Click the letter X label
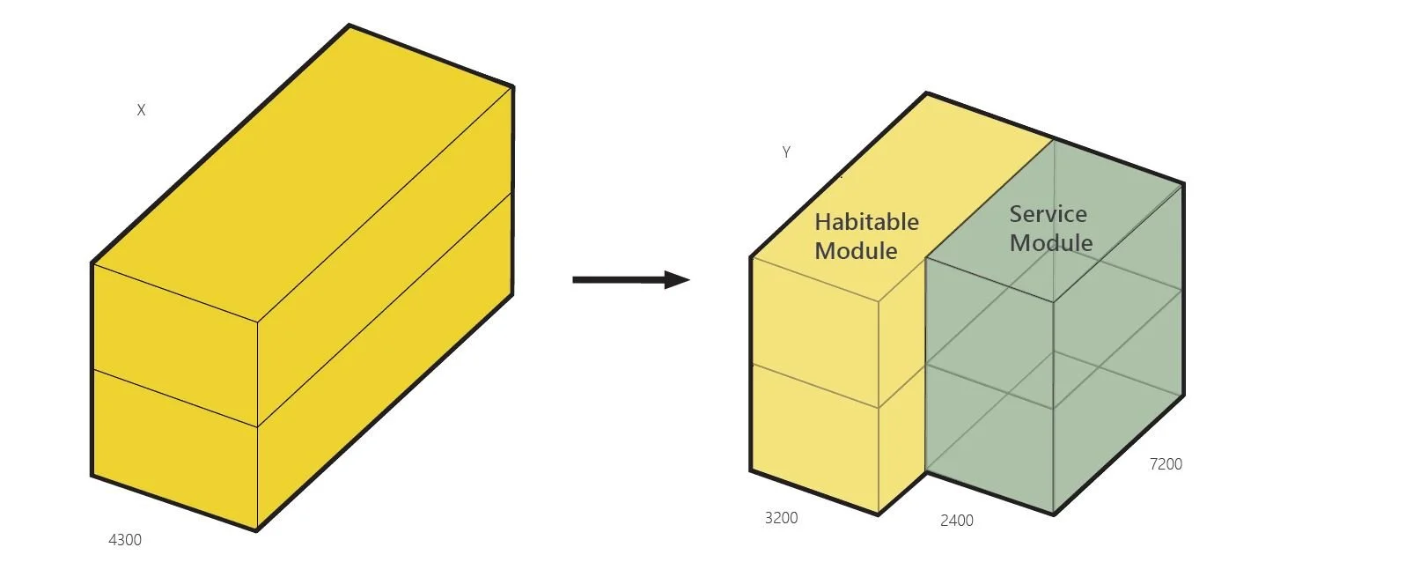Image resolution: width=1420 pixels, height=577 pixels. coord(141,110)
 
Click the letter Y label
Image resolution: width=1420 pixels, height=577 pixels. coord(786,152)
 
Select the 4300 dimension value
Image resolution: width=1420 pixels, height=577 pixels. coord(125,540)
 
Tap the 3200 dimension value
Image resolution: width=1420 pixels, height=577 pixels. coord(781,518)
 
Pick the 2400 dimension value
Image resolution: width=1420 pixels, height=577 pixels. coord(956,521)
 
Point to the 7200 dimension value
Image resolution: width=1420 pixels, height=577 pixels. coord(1166,464)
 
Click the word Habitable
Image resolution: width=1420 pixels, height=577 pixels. coord(866,222)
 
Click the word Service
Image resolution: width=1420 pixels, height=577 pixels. coord(1048,214)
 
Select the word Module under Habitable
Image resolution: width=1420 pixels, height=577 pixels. coord(856,251)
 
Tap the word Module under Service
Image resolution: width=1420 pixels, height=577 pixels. coord(1051,243)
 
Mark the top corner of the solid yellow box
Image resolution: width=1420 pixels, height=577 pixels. coord(349,26)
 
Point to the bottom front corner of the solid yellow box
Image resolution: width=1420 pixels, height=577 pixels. coord(257,531)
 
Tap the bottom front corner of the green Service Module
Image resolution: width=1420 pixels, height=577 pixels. coord(1054,514)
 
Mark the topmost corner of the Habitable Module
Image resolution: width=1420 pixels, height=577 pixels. coord(926,93)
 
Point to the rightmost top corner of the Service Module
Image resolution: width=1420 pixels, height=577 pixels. coord(1183,184)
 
